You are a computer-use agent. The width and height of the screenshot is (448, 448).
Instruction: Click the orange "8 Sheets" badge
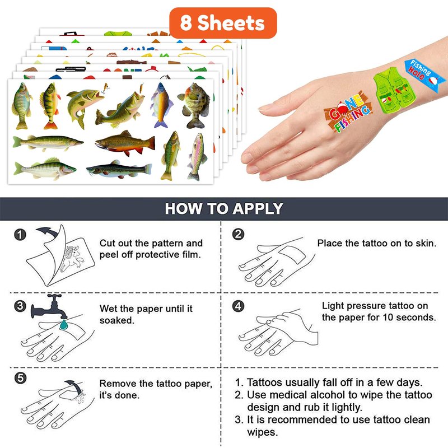[x=223, y=23]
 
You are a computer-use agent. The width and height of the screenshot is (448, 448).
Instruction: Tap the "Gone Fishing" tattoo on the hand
[x=348, y=112]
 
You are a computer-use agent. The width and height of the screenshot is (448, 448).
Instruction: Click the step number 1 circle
[x=20, y=235]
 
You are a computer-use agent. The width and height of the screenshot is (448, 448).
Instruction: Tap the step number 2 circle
[x=239, y=234]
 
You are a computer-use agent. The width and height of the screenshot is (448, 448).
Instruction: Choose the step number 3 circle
[x=20, y=306]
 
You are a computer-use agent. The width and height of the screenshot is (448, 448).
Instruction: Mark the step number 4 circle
[x=239, y=306]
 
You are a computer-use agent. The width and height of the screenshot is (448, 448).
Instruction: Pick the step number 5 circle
[x=20, y=378]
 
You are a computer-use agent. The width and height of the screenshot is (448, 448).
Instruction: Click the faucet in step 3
[x=49, y=307]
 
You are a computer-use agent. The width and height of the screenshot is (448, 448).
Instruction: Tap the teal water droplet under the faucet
[x=64, y=325]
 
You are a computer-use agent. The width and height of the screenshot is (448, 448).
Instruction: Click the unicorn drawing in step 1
[x=72, y=258]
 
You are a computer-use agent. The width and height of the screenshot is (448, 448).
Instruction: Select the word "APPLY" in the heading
[x=258, y=208]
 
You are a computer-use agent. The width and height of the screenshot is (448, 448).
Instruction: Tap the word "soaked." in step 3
[x=117, y=320]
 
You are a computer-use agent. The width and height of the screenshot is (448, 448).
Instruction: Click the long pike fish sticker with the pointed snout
[x=48, y=143]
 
